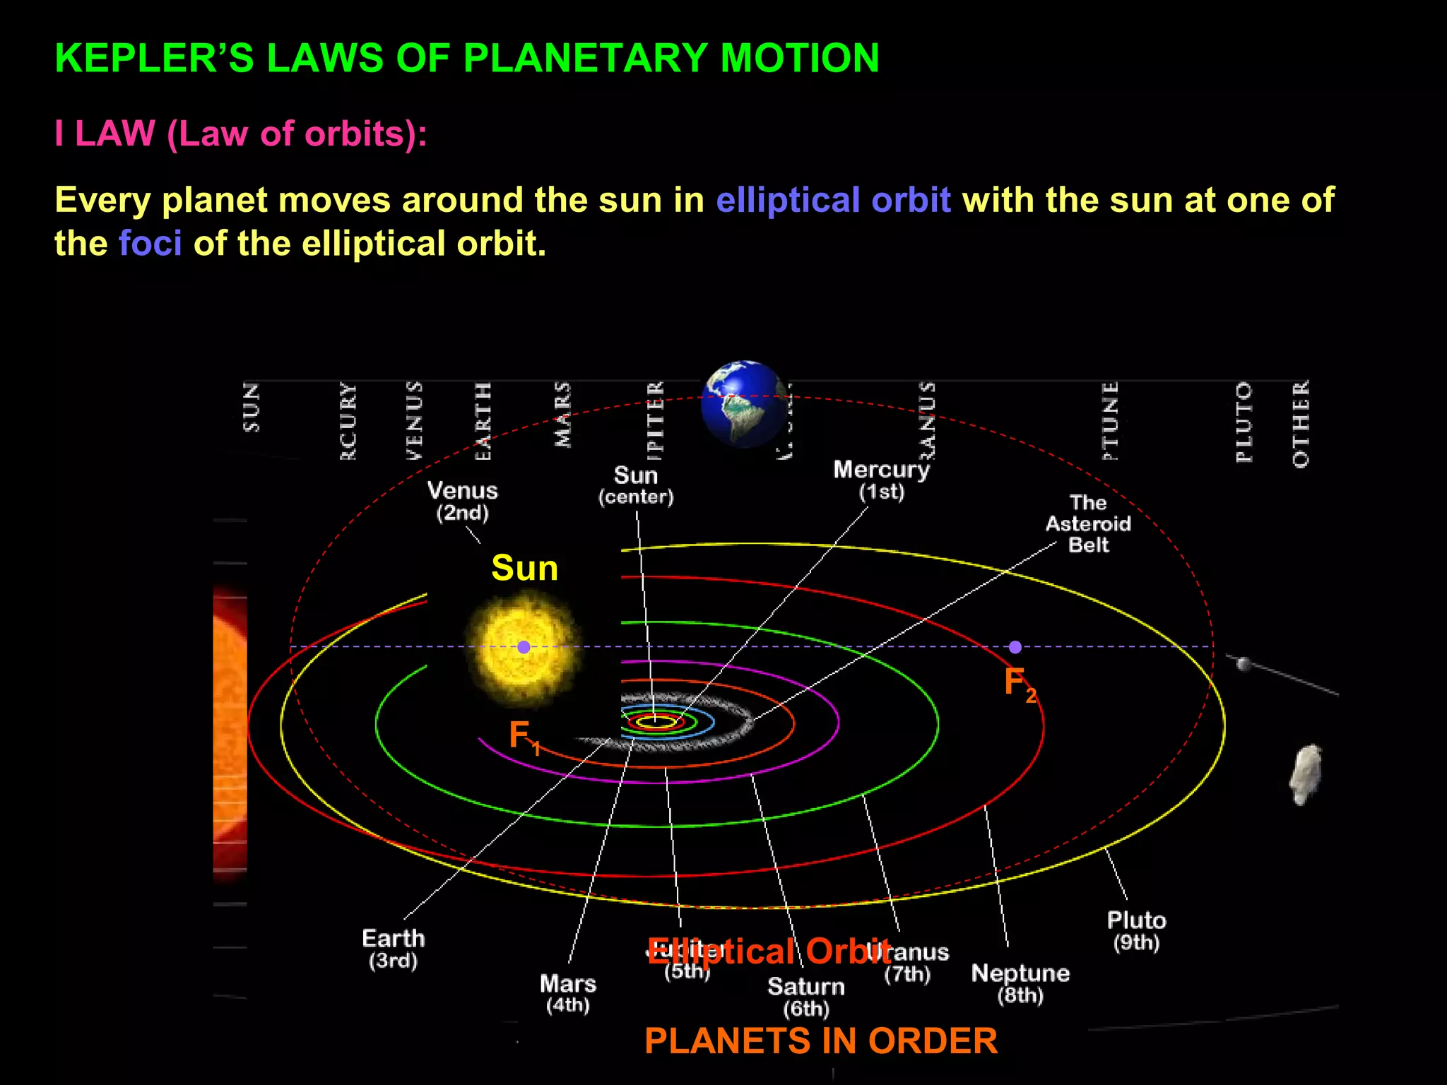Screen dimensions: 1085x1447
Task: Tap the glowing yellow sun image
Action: (x=524, y=647)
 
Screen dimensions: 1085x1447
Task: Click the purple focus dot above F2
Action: (x=1015, y=647)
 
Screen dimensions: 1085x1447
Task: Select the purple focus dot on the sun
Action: (x=524, y=647)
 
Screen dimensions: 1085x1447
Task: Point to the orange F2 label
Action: (x=1020, y=684)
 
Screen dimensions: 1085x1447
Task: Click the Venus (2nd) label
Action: (x=463, y=501)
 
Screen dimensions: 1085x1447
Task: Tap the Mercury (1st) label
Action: (x=881, y=480)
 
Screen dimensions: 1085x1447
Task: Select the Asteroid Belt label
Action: (x=1088, y=523)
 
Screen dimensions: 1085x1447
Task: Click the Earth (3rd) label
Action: (x=394, y=949)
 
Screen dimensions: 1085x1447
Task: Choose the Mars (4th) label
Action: (x=568, y=993)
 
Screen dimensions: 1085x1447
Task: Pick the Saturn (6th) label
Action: (x=806, y=997)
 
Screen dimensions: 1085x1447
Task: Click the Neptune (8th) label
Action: (x=1020, y=983)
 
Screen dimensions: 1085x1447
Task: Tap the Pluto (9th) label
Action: (x=1136, y=930)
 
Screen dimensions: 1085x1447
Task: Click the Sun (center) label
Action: (x=636, y=485)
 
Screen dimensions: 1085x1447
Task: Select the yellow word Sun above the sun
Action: (x=524, y=568)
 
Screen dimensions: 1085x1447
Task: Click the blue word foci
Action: (x=150, y=244)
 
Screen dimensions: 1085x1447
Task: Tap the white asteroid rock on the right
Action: (x=1306, y=774)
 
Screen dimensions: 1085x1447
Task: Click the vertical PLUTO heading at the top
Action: (x=1244, y=422)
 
